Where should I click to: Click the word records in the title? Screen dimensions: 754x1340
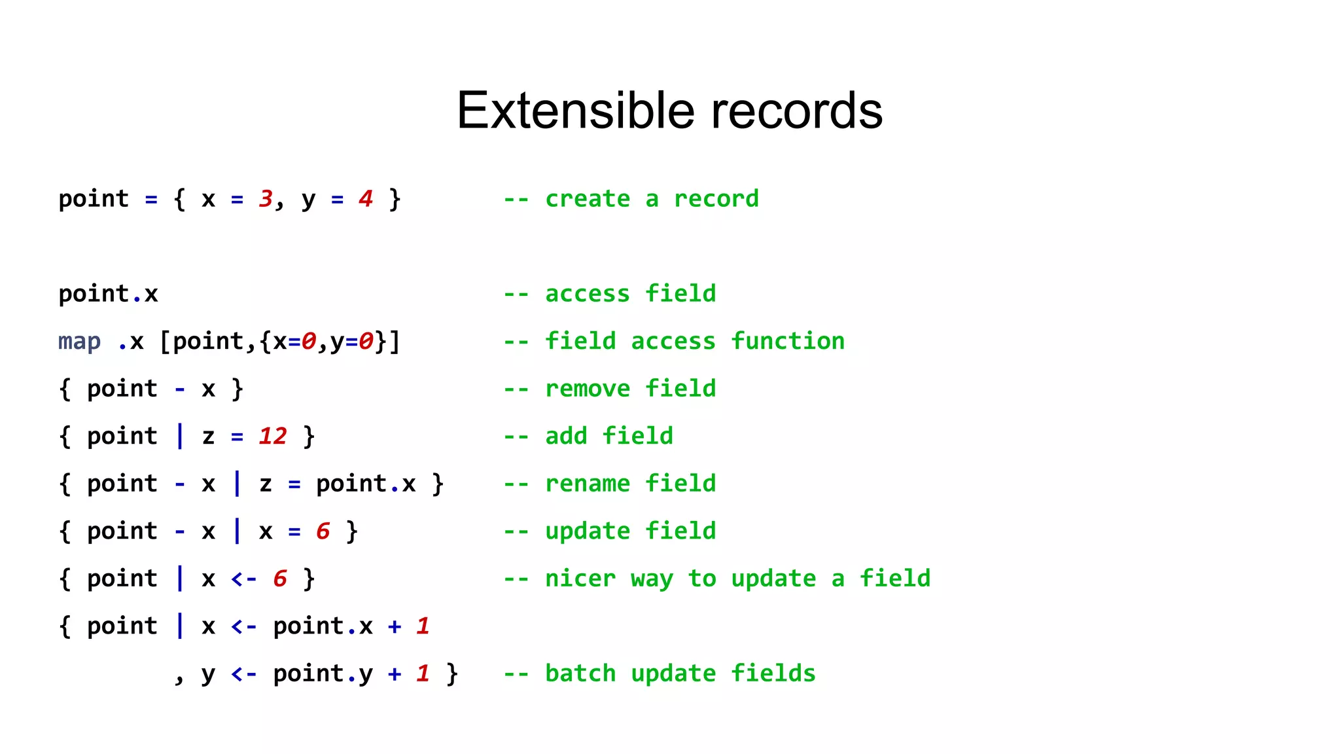[x=796, y=111]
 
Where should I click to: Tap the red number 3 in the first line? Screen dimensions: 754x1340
[x=266, y=198]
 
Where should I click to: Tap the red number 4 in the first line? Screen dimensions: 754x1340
[x=366, y=198]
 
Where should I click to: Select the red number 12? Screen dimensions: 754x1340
[x=273, y=436]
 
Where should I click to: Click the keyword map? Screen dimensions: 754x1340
[x=79, y=341]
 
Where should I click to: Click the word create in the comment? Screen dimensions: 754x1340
[x=588, y=198]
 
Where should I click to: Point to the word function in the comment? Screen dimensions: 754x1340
[x=788, y=341]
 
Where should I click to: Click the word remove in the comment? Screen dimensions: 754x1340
[x=588, y=389]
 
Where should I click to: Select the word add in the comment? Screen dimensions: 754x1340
[x=566, y=436]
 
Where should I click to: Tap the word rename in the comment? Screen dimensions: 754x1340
[x=588, y=484]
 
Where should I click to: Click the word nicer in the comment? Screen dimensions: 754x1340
[x=580, y=579]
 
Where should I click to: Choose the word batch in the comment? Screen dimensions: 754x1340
[x=580, y=673]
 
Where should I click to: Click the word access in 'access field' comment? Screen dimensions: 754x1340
[x=588, y=294]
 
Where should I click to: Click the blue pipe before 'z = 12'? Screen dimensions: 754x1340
[x=180, y=436]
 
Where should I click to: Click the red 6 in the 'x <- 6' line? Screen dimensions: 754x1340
[x=280, y=579]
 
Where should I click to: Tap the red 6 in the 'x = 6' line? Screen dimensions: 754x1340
[x=323, y=531]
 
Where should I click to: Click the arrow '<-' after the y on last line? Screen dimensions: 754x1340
[x=243, y=673]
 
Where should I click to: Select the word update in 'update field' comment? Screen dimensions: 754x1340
[x=588, y=531]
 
